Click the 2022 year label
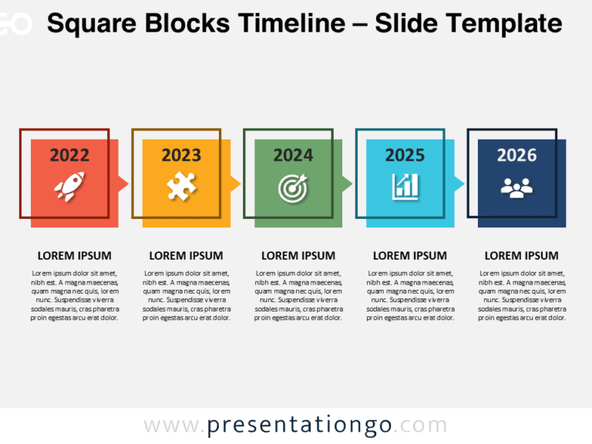(69, 155)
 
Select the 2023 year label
(181, 155)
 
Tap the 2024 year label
(293, 155)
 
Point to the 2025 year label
(405, 155)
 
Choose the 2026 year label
(516, 155)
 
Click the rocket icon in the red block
(69, 186)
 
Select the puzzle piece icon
(181, 186)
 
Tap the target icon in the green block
(293, 186)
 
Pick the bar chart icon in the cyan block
(405, 186)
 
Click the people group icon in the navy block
(516, 187)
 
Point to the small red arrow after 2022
(123, 183)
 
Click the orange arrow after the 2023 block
(236, 183)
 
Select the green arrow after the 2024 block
(348, 183)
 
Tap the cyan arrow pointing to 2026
(459, 183)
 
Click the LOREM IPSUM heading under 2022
(74, 256)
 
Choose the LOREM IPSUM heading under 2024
(298, 256)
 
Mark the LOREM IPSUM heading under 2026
(522, 256)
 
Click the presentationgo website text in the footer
(295, 425)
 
